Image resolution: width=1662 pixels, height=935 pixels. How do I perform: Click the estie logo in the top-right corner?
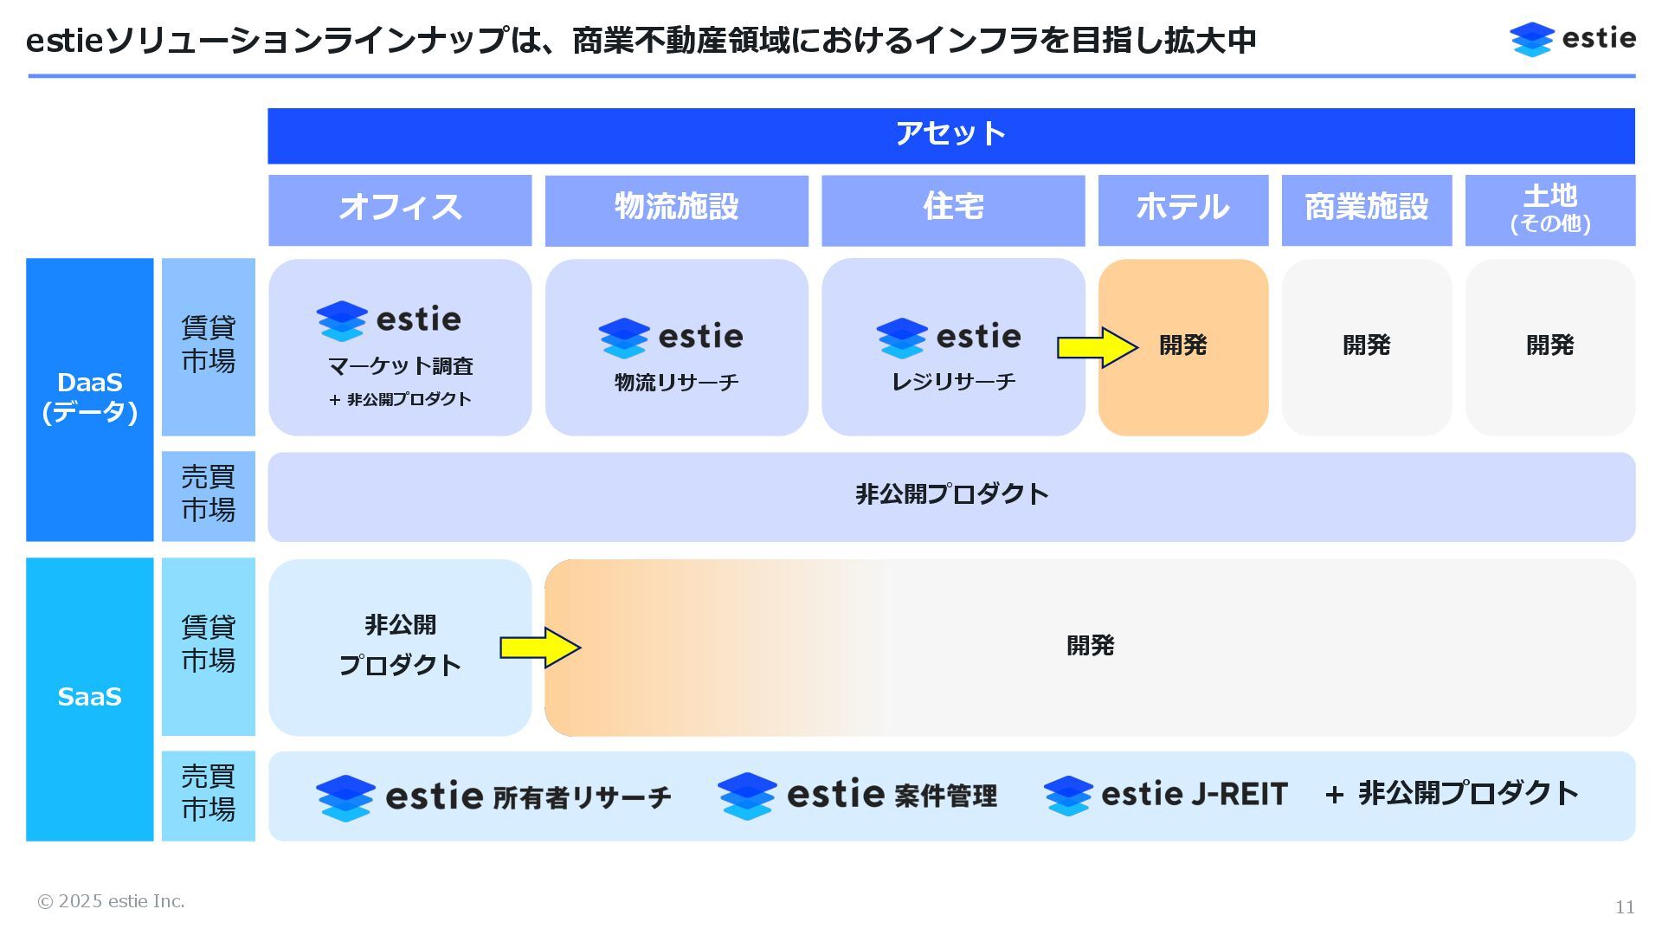click(1572, 39)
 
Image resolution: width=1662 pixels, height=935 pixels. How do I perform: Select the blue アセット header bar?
click(950, 135)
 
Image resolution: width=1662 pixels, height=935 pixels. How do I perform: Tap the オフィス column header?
click(400, 210)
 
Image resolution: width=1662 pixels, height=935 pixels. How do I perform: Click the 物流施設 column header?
click(676, 210)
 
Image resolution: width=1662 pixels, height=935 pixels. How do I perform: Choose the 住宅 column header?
click(953, 210)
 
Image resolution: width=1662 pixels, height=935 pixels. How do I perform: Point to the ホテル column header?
click(1182, 210)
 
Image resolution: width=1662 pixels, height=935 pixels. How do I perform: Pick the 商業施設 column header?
click(1366, 210)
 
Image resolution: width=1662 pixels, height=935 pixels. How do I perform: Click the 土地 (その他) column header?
click(1549, 210)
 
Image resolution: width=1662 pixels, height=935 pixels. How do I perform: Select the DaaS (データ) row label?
click(89, 398)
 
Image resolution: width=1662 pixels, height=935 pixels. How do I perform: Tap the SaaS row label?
click(89, 698)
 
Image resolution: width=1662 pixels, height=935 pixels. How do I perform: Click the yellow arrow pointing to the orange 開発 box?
click(1097, 347)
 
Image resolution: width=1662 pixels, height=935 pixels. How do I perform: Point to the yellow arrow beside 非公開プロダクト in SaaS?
click(539, 648)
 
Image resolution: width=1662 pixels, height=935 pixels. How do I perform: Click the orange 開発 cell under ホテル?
click(1183, 346)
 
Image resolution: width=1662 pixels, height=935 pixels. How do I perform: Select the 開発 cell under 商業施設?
click(1366, 346)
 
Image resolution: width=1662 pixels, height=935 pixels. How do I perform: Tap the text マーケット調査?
click(400, 367)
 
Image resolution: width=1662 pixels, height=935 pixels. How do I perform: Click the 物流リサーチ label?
click(676, 383)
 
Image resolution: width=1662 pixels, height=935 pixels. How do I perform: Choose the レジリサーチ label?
click(953, 382)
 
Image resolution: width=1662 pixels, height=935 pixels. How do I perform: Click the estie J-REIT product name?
click(1166, 795)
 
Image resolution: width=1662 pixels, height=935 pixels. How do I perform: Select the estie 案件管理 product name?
click(857, 796)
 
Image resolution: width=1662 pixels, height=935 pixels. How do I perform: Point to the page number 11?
click(1624, 907)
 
